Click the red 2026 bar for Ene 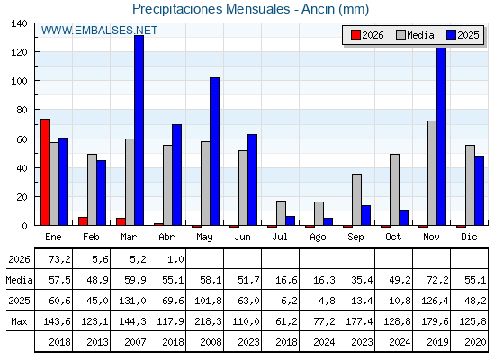point(45,172)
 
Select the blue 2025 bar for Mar point(139,130)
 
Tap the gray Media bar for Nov point(432,173)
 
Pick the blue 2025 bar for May point(215,151)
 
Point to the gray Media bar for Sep point(356,200)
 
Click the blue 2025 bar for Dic point(479,191)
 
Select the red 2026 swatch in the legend point(355,35)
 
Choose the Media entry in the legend point(415,35)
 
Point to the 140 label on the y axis point(19,23)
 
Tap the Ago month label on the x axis point(318,238)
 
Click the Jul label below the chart point(280,237)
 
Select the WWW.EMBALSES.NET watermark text point(99,31)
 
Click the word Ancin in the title point(318,9)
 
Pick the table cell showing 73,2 point(59,259)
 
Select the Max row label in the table point(19,321)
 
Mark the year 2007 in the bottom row point(135,342)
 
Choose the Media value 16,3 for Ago point(324,280)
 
